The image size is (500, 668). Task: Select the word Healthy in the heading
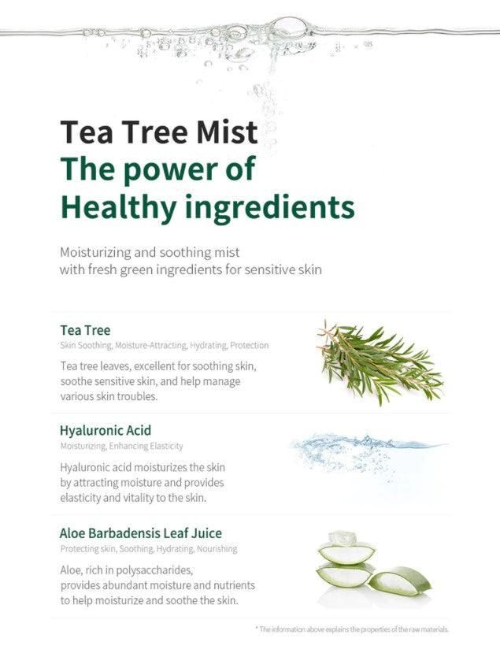(x=118, y=207)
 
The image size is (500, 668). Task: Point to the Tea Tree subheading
(x=85, y=330)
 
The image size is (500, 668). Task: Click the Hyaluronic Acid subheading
(x=106, y=430)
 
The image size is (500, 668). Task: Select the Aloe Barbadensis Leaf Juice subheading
(x=140, y=533)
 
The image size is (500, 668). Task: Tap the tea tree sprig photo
(x=380, y=363)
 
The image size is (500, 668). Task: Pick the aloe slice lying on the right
(x=400, y=581)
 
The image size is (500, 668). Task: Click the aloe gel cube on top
(x=342, y=539)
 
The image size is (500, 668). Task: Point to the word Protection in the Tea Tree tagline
(x=249, y=345)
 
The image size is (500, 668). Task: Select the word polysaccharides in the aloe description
(x=154, y=570)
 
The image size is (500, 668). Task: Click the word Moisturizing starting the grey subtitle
(x=95, y=253)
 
